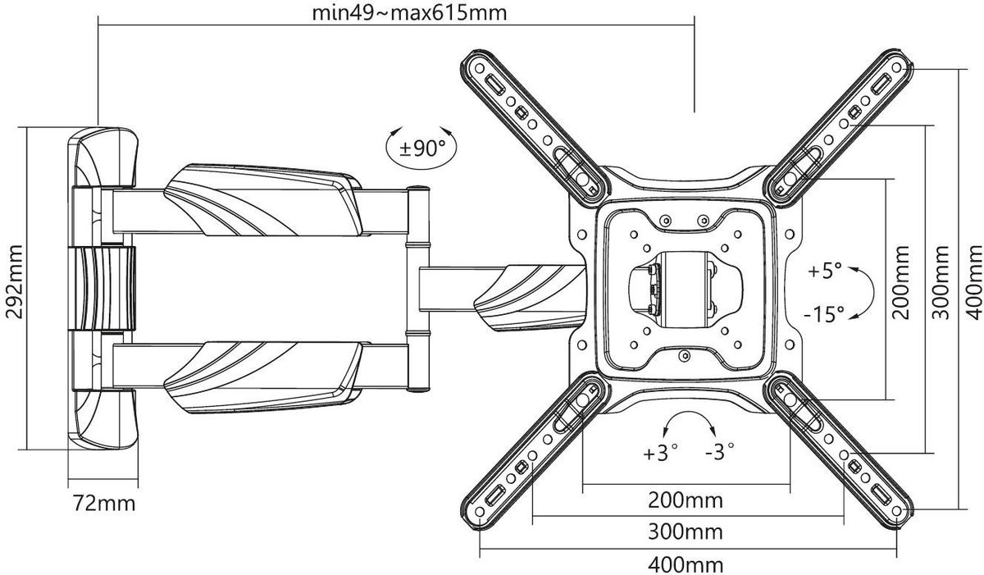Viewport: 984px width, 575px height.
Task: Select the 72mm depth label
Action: (99, 503)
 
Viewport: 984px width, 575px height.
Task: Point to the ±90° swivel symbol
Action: (421, 148)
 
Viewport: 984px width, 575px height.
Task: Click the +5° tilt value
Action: (823, 272)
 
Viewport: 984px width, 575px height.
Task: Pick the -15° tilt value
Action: (825, 313)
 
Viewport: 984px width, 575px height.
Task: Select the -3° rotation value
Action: (717, 451)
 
